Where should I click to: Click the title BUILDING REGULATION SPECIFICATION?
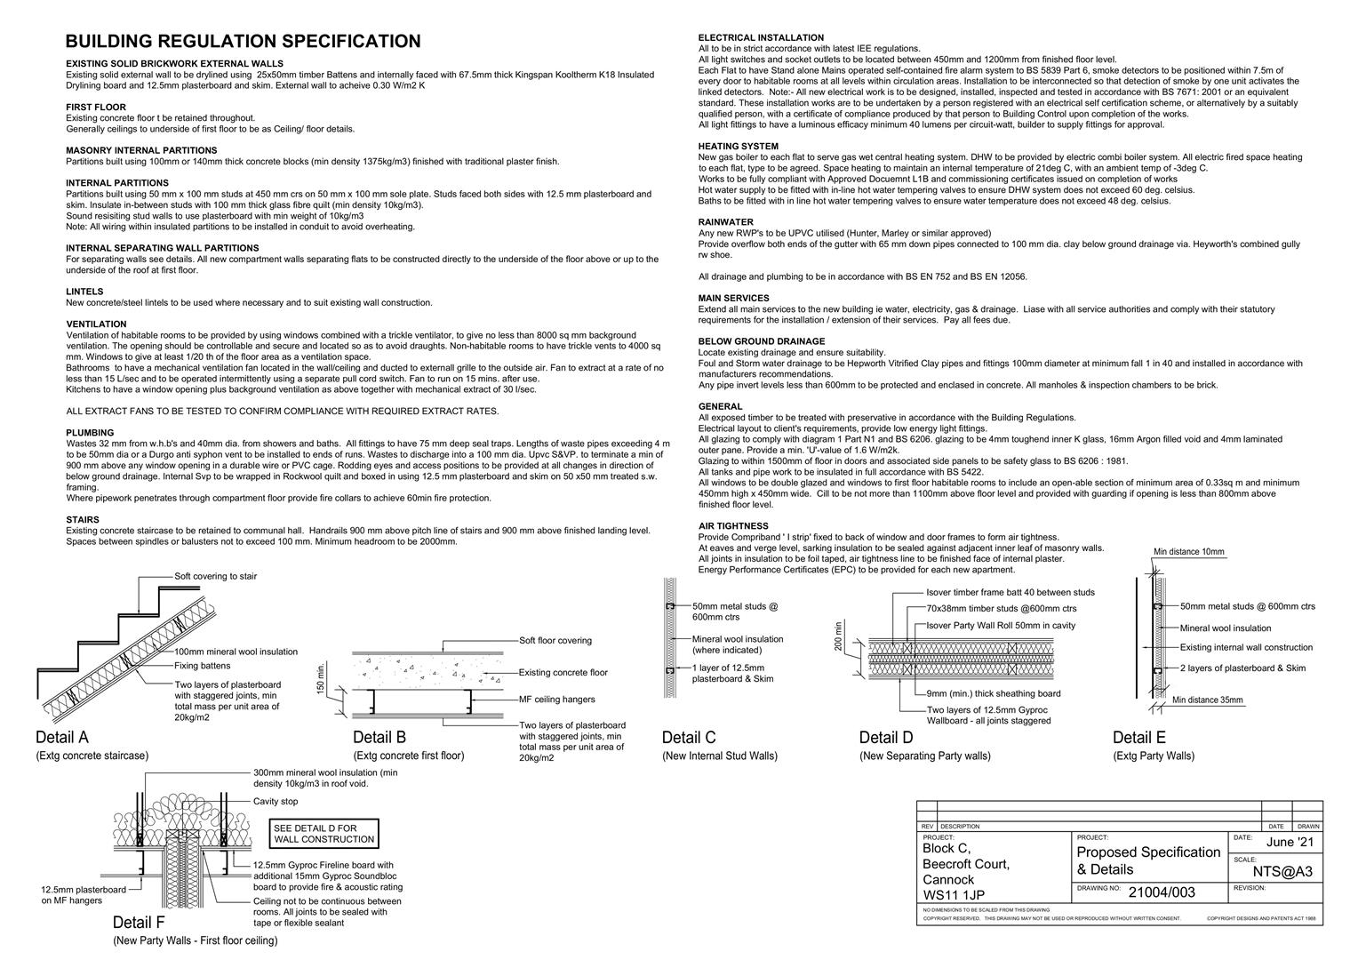243,42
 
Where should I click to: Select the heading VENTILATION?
96,324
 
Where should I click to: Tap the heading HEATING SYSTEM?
738,146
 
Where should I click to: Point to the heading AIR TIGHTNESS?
733,526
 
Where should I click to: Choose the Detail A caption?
62,738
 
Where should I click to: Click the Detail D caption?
885,738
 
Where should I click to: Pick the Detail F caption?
139,922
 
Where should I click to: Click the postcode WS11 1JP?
954,895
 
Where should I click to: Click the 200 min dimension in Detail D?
838,636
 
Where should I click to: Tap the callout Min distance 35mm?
1207,700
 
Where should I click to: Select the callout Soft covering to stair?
216,576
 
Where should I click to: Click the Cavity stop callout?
276,801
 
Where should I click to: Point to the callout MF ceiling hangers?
557,700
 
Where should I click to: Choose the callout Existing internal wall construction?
1246,647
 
